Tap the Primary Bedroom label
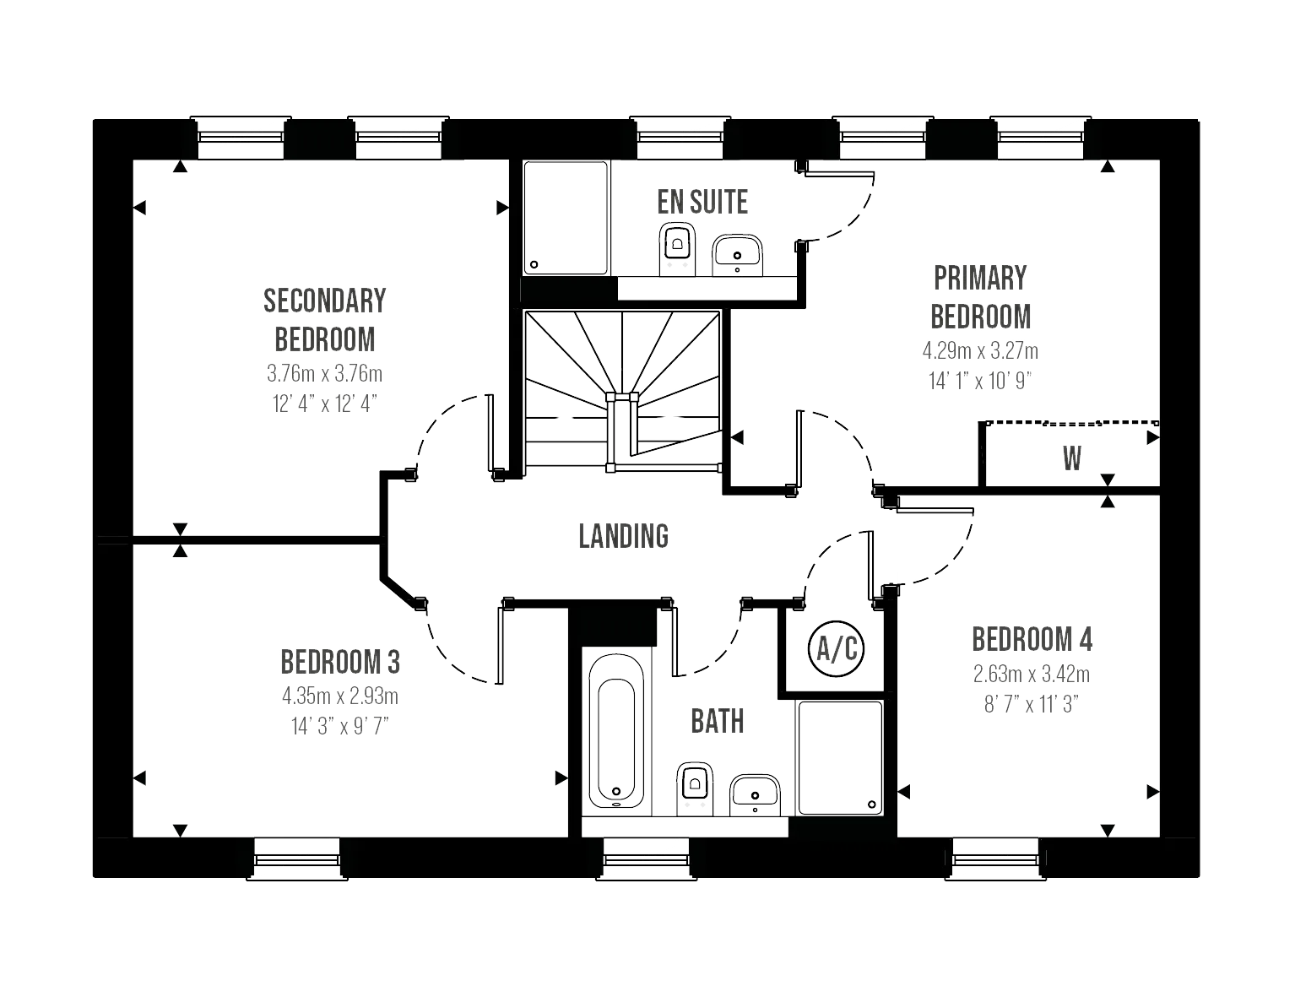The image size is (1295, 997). click(x=981, y=297)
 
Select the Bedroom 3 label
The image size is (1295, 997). click(x=340, y=662)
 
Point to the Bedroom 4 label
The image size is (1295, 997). click(x=1032, y=640)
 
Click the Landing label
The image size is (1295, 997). click(x=624, y=536)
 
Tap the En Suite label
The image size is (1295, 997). click(x=702, y=203)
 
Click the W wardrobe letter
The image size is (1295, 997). click(x=1070, y=459)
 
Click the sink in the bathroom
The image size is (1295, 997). click(x=756, y=793)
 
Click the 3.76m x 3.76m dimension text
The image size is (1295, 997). click(x=325, y=373)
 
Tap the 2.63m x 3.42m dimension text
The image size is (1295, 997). click(x=1032, y=675)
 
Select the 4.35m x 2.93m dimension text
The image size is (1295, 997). click(x=338, y=697)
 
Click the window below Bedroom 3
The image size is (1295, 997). click(x=296, y=859)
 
